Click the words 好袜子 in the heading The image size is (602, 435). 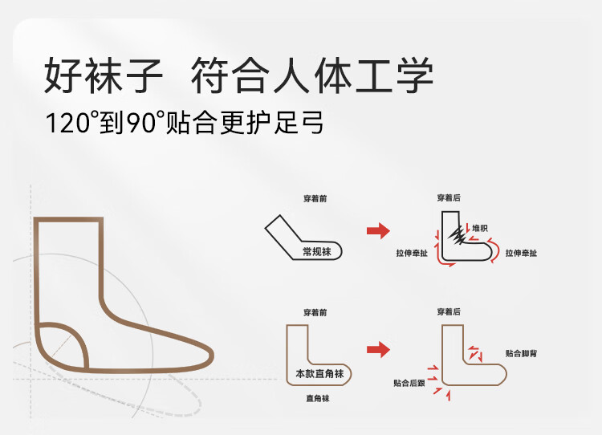click(x=104, y=77)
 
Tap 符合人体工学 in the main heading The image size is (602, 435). click(x=312, y=77)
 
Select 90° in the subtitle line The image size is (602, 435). click(x=145, y=124)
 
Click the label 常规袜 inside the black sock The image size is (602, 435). click(x=317, y=251)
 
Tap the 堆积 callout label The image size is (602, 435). click(x=480, y=228)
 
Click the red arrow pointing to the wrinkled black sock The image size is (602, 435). click(x=378, y=231)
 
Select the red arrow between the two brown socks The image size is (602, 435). click(x=378, y=349)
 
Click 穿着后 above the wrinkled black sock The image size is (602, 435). click(x=449, y=197)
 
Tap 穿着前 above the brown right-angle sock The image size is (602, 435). click(x=315, y=311)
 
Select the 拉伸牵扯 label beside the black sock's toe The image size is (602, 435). click(x=521, y=253)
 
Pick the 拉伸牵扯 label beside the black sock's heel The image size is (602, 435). click(x=410, y=253)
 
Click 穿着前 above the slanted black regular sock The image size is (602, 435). click(x=315, y=198)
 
